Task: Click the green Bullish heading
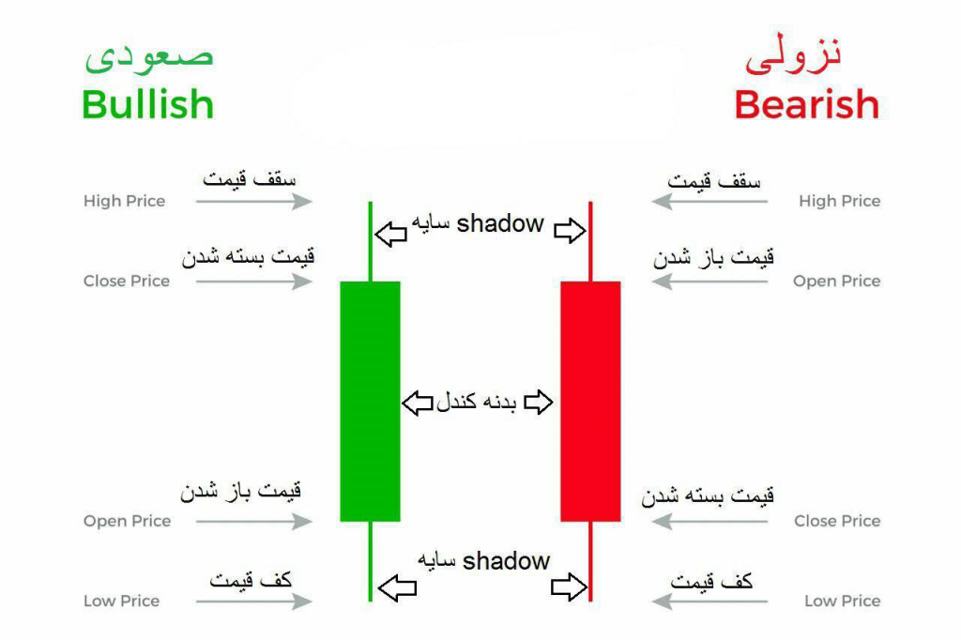click(x=147, y=104)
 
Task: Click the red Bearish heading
click(x=806, y=104)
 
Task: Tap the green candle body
click(x=370, y=402)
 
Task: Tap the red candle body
click(x=590, y=402)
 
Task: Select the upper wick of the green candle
click(x=370, y=241)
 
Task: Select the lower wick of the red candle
click(x=590, y=561)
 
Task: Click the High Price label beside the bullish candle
click(x=125, y=201)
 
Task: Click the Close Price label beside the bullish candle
click(x=127, y=281)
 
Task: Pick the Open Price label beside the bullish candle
click(x=127, y=521)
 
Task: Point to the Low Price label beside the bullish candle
click(x=121, y=601)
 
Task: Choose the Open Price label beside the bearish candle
click(x=836, y=281)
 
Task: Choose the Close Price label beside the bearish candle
click(x=837, y=521)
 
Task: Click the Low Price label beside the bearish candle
click(x=842, y=601)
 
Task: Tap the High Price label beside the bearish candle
click(x=840, y=201)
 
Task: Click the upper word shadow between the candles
click(x=500, y=223)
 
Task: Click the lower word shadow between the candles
click(x=506, y=561)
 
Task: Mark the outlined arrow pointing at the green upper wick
click(x=391, y=234)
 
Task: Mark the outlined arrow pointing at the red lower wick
click(x=569, y=587)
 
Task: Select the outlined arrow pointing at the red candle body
click(x=539, y=403)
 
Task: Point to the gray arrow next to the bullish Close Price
click(x=253, y=282)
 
